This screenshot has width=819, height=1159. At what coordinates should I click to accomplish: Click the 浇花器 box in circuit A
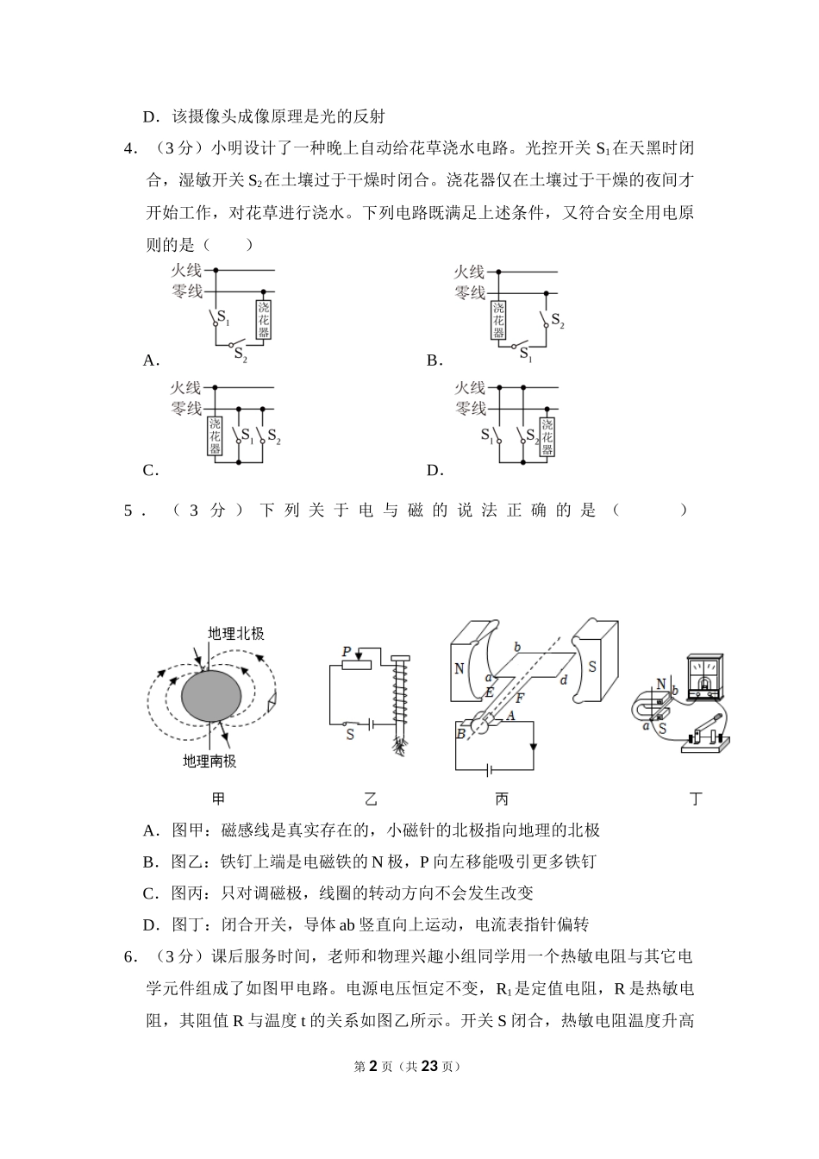263,319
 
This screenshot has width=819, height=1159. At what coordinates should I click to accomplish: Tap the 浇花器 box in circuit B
498,320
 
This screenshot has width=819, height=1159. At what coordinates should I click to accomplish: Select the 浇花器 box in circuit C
215,436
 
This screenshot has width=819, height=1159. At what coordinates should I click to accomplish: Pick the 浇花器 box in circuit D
546,436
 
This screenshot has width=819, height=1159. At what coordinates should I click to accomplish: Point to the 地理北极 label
235,634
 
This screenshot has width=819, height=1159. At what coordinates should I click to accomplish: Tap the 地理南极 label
209,761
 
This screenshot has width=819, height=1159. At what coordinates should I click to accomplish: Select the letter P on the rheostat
347,652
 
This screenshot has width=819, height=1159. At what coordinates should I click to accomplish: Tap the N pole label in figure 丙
460,668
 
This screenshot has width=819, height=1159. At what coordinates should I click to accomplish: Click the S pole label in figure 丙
592,667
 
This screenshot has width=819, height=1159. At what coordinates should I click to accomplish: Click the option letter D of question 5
151,925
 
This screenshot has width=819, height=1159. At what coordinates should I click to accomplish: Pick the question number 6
129,956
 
